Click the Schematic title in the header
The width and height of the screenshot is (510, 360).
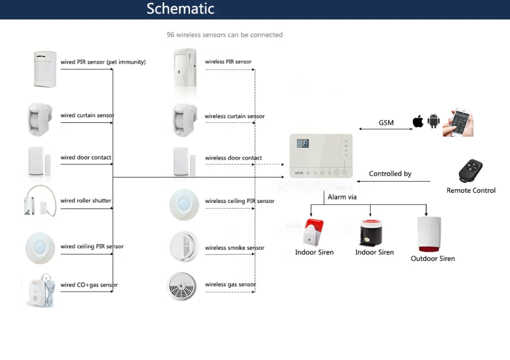(181, 9)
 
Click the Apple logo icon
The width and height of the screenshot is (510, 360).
(418, 121)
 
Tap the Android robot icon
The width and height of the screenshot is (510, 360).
(434, 121)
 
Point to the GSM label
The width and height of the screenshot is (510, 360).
(386, 123)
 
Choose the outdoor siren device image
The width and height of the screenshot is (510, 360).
(429, 234)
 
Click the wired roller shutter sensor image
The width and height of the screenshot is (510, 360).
(40, 200)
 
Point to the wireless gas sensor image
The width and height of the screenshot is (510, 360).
(182, 286)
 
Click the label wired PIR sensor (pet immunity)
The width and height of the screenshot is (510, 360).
(103, 62)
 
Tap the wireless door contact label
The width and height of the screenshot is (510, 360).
(234, 158)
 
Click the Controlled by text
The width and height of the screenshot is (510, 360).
(390, 174)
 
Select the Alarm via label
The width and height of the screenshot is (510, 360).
(342, 197)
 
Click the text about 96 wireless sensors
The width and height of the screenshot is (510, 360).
(224, 35)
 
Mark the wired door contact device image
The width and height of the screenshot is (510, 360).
(39, 161)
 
